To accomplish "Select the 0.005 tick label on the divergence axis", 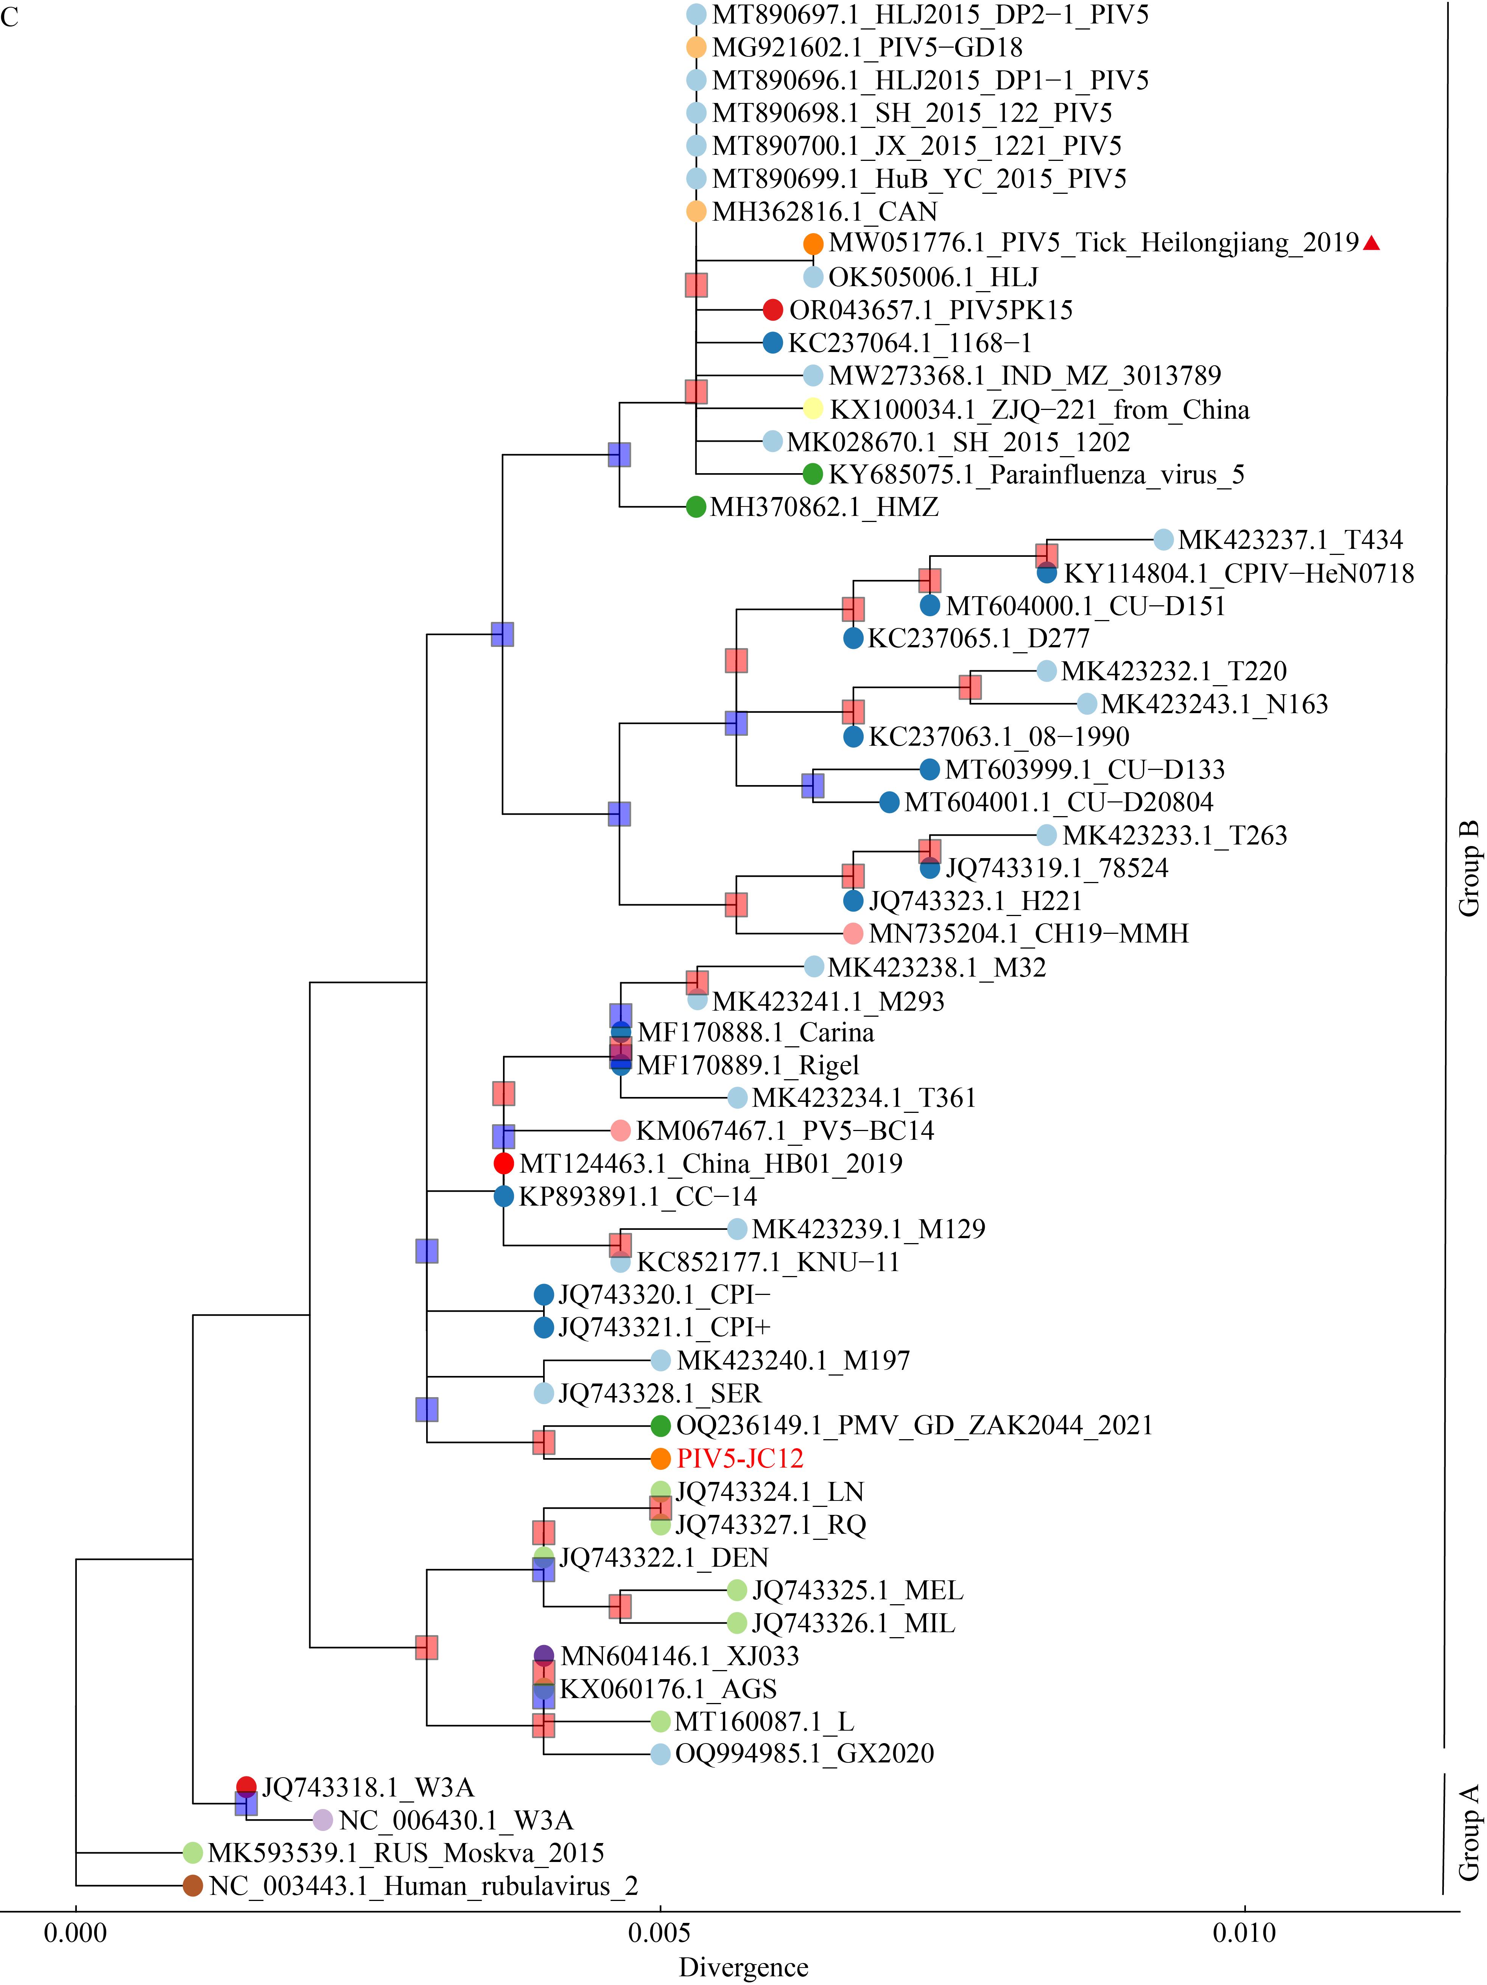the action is pyautogui.click(x=660, y=1931).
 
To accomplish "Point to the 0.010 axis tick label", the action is pyautogui.click(x=1245, y=1931).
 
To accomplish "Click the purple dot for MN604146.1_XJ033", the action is pyautogui.click(x=543, y=1656).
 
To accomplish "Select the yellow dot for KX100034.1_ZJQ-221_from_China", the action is pyautogui.click(x=813, y=408).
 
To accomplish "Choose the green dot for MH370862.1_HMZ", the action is pyautogui.click(x=696, y=507).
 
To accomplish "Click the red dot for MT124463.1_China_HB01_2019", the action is pyautogui.click(x=503, y=1164).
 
